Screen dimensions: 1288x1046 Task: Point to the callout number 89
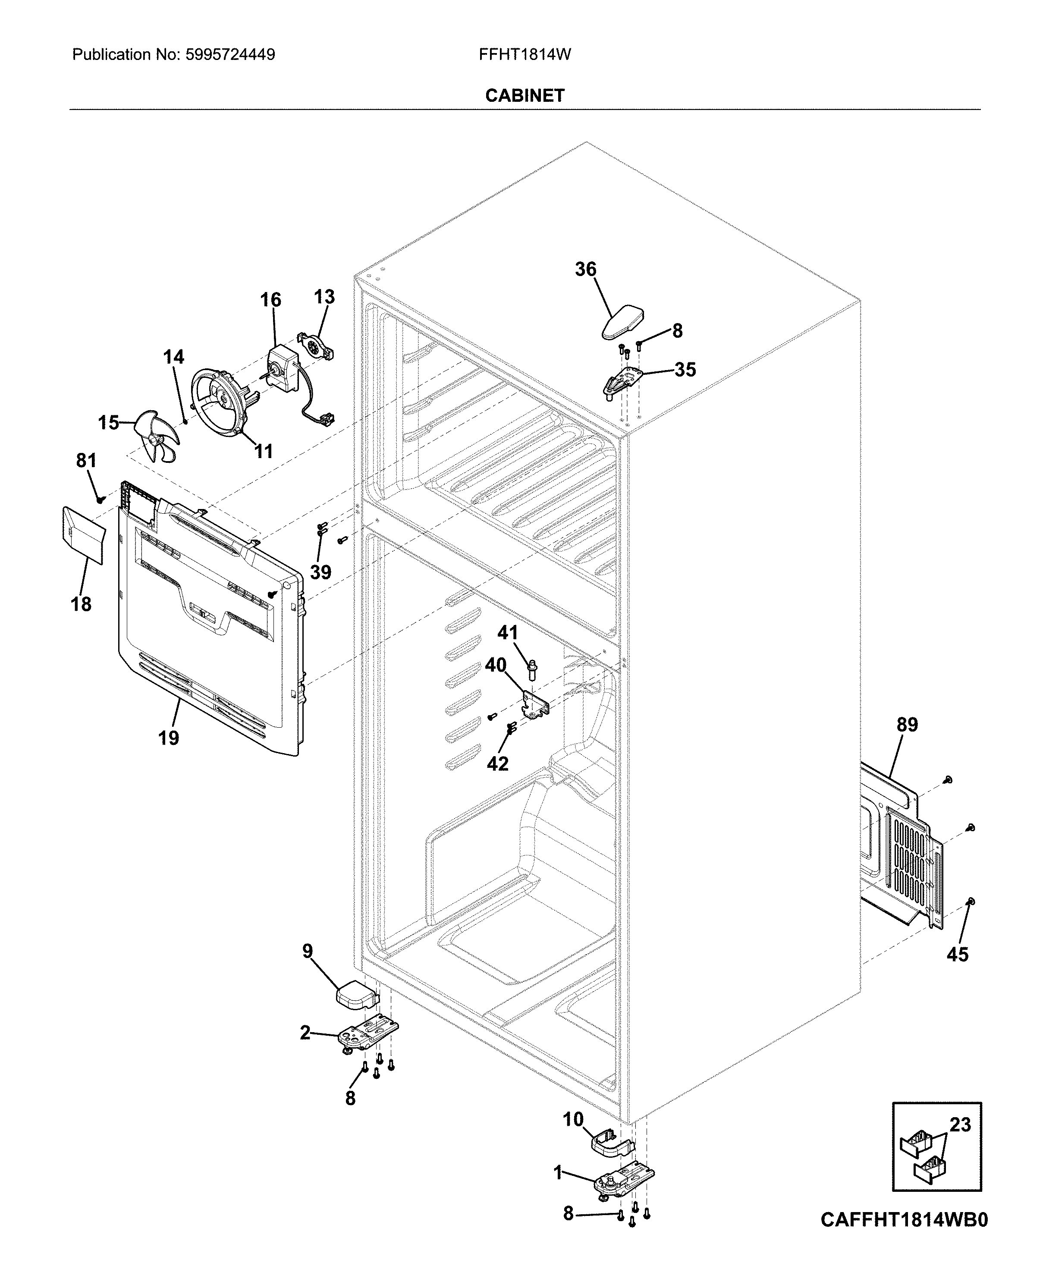pyautogui.click(x=907, y=725)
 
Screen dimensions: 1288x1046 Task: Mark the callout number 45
pyautogui.click(x=957, y=954)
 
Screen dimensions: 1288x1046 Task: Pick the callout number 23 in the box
pyautogui.click(x=961, y=1124)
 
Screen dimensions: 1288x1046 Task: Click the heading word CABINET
pyautogui.click(x=524, y=96)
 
